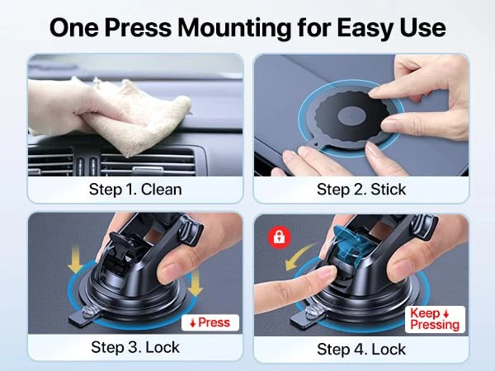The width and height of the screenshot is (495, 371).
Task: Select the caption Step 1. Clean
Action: point(135,189)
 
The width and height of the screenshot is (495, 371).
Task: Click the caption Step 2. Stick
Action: point(361,189)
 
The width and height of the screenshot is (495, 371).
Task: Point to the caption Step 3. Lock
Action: point(135,347)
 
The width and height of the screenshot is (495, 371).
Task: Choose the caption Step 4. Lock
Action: point(361,349)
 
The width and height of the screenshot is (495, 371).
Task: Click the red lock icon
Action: point(280,238)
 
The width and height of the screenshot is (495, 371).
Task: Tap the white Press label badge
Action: point(210,322)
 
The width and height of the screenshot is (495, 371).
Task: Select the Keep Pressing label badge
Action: point(435,319)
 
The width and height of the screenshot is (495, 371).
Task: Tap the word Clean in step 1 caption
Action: point(160,189)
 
